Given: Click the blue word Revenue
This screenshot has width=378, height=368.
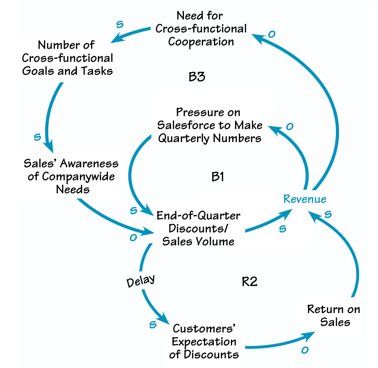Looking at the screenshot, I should (305, 199).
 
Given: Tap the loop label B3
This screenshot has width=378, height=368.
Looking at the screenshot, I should (197, 77).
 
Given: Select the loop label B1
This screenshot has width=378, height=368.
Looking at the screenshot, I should (218, 177).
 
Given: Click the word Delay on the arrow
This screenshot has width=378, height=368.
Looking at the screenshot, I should (140, 281).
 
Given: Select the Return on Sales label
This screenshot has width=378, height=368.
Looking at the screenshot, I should (334, 315).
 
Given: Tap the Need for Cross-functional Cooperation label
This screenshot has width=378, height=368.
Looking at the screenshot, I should (201, 29).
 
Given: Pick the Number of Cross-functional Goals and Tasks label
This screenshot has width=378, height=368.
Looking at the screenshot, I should (67, 58).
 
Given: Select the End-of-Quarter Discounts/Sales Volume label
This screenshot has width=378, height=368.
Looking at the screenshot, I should (198, 228).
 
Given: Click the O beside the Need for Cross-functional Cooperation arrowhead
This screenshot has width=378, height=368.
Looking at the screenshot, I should (272, 34).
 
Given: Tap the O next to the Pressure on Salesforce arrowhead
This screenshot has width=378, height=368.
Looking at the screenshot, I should (290, 127).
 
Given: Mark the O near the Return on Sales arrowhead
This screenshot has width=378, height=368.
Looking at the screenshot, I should (304, 350).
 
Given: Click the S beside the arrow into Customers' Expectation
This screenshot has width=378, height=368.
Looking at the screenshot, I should (152, 324).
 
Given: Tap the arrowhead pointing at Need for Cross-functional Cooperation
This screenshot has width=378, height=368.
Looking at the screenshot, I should (257, 37).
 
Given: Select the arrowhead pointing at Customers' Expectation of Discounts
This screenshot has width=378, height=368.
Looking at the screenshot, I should (164, 320).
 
